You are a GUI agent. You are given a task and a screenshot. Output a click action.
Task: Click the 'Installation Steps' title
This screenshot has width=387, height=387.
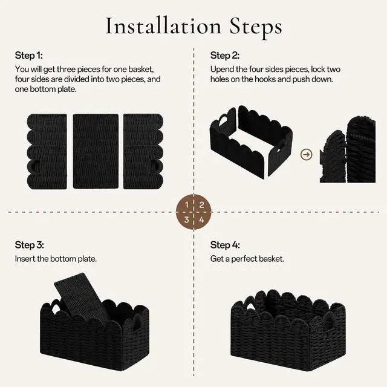[193, 27]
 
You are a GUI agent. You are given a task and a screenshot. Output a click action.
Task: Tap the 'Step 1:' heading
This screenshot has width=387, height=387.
[28, 55]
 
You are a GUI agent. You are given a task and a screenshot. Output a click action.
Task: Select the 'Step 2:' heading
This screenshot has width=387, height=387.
[225, 55]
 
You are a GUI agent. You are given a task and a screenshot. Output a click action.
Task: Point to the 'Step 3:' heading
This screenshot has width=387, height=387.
[29, 245]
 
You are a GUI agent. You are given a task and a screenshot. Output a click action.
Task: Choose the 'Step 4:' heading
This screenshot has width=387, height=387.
[225, 245]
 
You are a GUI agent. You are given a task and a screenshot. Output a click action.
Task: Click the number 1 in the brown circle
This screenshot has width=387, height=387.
[187, 205]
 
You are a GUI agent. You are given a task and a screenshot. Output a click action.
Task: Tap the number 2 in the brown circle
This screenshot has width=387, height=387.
[201, 205]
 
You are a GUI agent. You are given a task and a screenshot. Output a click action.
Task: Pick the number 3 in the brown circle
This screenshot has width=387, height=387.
[187, 220]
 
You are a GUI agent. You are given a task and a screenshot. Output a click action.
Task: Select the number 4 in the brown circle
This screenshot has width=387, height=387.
[201, 220]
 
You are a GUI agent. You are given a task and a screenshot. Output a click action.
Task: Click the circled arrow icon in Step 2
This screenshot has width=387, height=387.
[307, 155]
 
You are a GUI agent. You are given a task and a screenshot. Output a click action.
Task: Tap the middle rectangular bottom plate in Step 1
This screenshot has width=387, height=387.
[96, 151]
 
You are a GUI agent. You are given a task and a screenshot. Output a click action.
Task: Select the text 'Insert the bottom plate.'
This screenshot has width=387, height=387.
[56, 259]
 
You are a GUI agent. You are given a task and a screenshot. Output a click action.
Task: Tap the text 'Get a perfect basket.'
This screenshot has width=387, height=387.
[247, 259]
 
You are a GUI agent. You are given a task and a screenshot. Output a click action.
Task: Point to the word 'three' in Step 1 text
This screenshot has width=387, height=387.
[66, 69]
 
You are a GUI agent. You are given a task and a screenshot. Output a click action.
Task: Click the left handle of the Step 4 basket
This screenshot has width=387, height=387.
[252, 307]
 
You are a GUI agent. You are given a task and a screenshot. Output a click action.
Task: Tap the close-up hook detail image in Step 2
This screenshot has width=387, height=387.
[348, 149]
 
